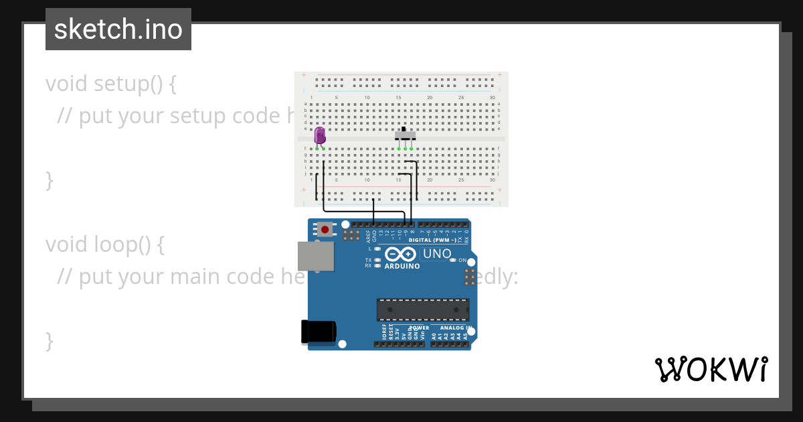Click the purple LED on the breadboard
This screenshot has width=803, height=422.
pos(320,135)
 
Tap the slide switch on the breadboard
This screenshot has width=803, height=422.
pos(405,135)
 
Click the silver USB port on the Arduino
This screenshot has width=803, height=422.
pos(316,256)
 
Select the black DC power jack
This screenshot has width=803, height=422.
pos(318,332)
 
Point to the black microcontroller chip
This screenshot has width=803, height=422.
pos(423,309)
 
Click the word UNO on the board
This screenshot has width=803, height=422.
pos(437,254)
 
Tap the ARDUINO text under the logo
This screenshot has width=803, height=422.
pos(402,266)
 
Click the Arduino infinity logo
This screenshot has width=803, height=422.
pos(401,254)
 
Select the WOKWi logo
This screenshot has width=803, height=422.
pos(711,369)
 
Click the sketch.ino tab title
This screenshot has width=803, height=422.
pos(118,29)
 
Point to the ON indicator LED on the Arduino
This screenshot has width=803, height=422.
pos(453,260)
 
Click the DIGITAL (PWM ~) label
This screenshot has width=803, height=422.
pos(432,240)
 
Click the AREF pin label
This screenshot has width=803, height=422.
pos(368,235)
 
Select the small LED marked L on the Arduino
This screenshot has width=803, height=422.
pos(377,249)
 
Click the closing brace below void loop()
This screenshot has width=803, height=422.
pos(49,340)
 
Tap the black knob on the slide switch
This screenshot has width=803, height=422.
pos(404,129)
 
